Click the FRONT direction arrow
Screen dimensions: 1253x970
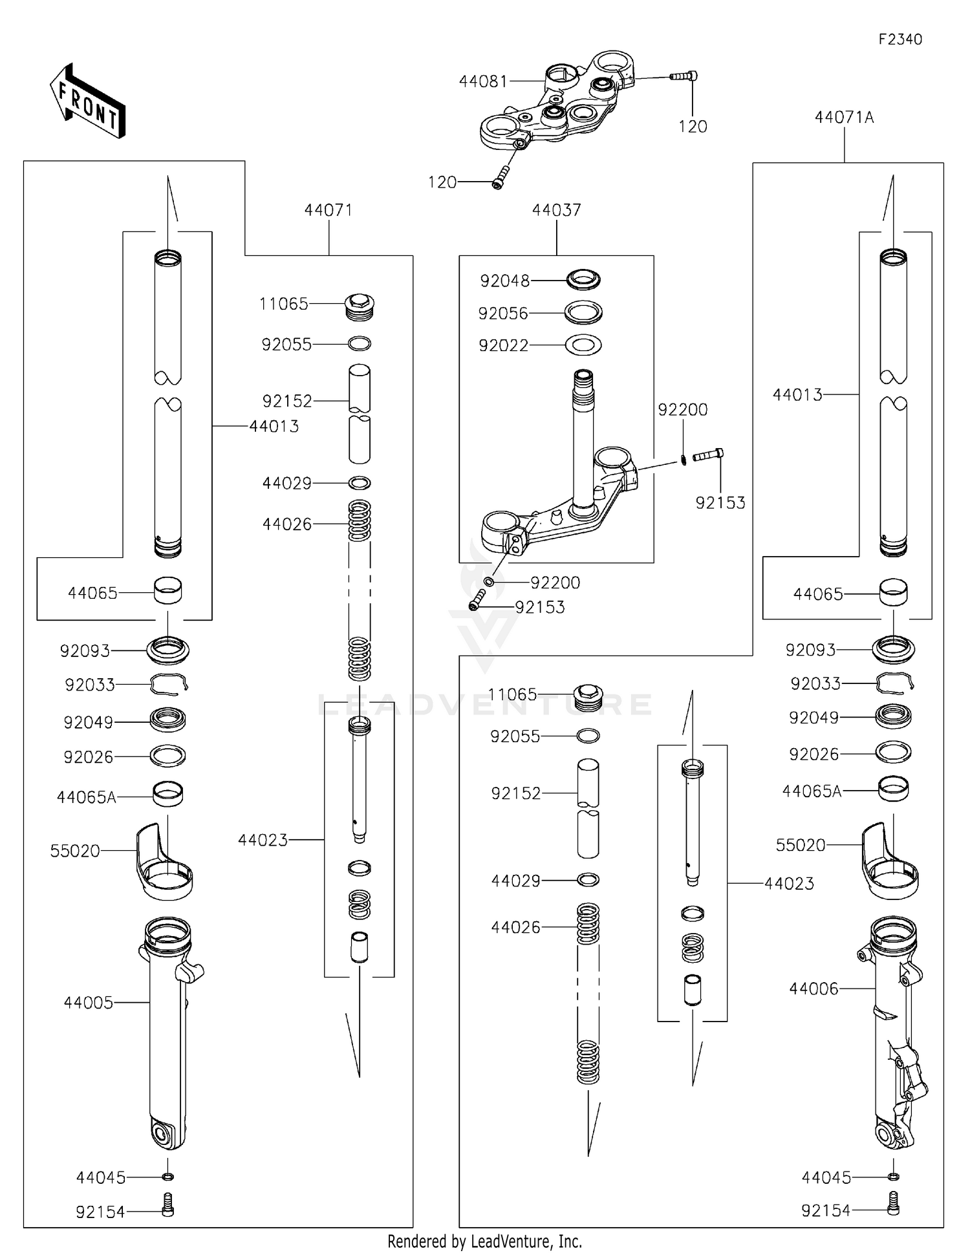(87, 102)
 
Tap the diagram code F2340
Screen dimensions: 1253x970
(900, 39)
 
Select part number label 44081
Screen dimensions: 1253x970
(483, 81)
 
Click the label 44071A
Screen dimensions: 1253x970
(844, 118)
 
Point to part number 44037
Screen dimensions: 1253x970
(556, 210)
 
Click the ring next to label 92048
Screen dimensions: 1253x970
(583, 280)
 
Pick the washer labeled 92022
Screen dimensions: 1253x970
(583, 345)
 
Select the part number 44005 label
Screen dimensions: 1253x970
(88, 1003)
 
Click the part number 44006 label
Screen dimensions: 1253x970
(814, 989)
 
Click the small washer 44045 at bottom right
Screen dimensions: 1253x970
(893, 1177)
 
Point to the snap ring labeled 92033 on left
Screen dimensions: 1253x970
(168, 683)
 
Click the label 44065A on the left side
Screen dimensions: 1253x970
(86, 797)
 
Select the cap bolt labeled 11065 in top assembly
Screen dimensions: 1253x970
(360, 306)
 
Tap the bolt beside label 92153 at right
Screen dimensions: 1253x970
(708, 456)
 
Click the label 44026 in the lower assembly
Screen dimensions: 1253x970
(515, 927)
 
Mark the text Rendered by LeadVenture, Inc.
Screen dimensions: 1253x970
(484, 1241)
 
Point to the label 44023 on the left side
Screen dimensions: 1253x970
(263, 840)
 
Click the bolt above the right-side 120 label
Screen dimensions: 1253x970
(683, 76)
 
